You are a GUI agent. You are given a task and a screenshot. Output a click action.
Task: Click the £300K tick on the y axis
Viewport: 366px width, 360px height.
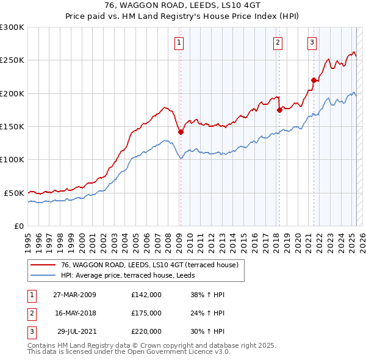tap(12, 27)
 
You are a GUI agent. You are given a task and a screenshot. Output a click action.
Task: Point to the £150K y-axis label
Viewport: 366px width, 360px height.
tap(12, 126)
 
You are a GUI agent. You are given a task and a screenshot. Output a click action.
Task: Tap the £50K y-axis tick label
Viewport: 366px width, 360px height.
tap(14, 193)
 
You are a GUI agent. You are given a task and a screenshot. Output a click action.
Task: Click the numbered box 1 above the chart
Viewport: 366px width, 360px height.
tap(179, 42)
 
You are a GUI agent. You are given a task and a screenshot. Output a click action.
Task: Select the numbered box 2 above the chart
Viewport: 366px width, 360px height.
tap(278, 42)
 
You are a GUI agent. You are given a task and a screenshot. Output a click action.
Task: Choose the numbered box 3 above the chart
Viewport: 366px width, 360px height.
tap(312, 42)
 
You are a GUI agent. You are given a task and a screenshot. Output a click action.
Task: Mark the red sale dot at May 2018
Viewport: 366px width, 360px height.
tap(279, 110)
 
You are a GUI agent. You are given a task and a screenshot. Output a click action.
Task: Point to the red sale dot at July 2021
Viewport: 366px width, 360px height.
tap(314, 80)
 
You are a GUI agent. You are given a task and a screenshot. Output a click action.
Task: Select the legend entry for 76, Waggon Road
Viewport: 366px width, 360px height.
tap(153, 264)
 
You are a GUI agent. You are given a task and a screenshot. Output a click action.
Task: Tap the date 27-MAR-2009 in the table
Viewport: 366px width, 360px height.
tap(75, 294)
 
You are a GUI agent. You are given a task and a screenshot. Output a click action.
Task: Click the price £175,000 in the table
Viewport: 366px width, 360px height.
tap(146, 313)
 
